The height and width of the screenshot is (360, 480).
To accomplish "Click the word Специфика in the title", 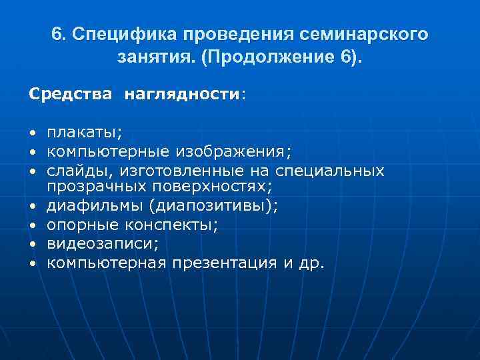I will pos(125,34).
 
